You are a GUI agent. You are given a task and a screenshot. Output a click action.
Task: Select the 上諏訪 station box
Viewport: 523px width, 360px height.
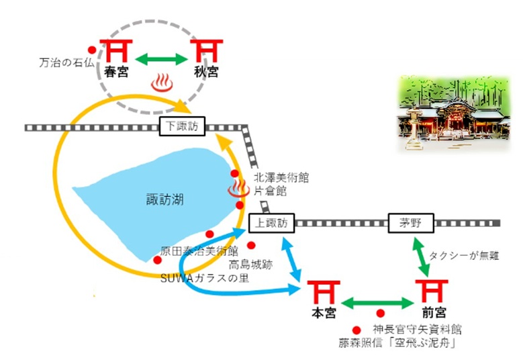coord(271,222)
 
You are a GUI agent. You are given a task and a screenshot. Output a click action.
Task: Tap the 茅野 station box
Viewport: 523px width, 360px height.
coord(411,223)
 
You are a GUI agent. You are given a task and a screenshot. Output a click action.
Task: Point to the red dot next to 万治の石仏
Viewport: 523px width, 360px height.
coord(91,50)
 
